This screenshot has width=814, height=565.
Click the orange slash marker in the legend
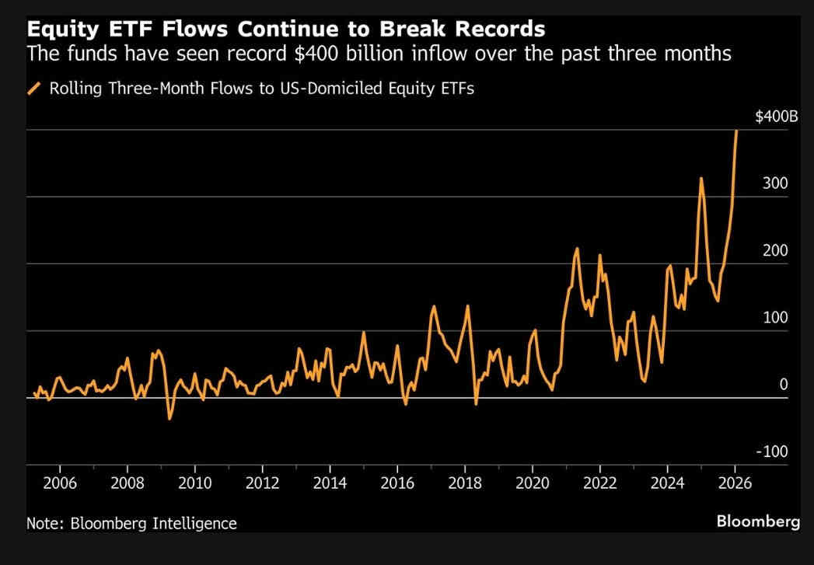[34, 89]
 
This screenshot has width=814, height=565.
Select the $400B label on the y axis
[776, 117]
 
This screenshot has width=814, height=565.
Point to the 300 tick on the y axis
[777, 183]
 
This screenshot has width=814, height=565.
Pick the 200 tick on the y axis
[777, 250]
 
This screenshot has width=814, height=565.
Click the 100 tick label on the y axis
[777, 317]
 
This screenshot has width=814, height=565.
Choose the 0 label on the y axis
[784, 384]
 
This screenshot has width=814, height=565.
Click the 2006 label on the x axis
[60, 482]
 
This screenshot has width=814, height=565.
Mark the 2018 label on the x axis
[465, 482]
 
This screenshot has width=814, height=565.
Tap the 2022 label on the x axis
[599, 482]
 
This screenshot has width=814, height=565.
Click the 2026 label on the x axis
[735, 482]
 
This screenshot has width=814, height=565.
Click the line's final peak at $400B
[736, 131]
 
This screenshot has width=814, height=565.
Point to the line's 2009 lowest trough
[169, 419]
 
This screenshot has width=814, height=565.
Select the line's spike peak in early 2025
[701, 179]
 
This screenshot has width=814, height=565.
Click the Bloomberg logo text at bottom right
[758, 521]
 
